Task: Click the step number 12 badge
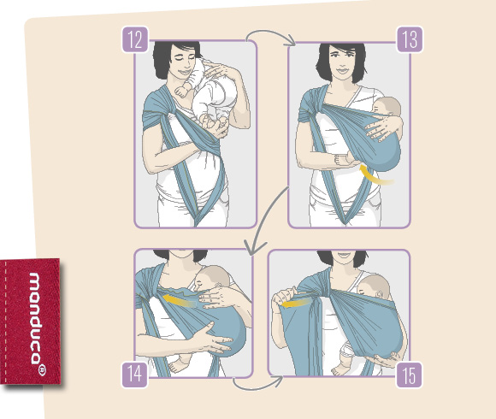[135, 39]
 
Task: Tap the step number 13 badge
[410, 39]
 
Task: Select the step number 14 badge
[135, 375]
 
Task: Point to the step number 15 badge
[410, 375]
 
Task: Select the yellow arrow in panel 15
[295, 304]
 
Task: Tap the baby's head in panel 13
[387, 108]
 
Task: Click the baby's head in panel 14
[214, 278]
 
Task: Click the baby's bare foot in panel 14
[178, 365]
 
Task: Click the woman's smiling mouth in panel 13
[342, 70]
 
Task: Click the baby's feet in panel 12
[215, 123]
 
